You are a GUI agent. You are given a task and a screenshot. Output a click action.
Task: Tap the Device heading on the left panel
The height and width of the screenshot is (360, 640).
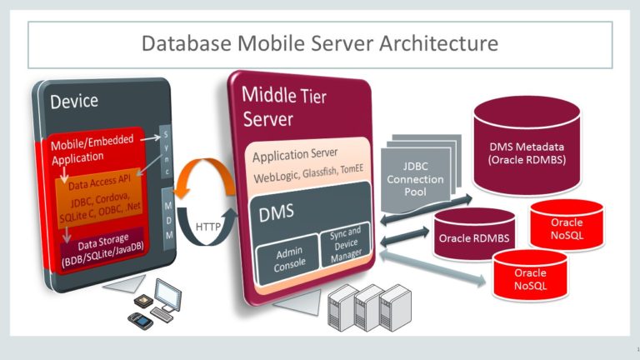(x=74, y=102)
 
